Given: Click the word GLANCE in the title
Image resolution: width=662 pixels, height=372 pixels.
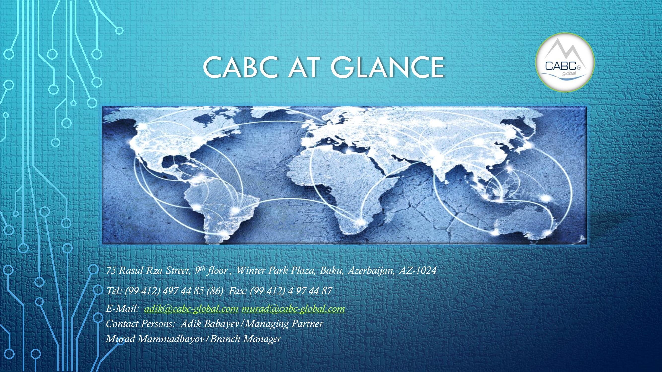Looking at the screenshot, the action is click(x=387, y=67).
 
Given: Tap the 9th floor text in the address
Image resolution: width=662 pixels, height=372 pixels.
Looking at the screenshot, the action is click(x=211, y=271).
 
